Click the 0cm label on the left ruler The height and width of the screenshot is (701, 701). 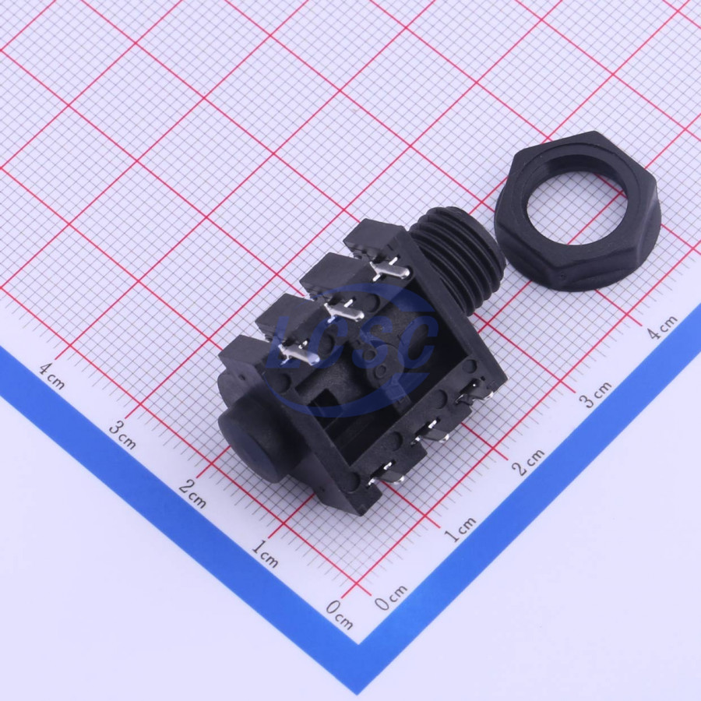pos(340,614)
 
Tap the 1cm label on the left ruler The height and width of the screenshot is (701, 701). pos(265,553)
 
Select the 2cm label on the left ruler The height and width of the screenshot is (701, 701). pos(192,494)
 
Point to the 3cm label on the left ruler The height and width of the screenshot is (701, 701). pos(123,435)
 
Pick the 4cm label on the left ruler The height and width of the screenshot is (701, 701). pos(52,375)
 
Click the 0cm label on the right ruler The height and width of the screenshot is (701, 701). pos(391,597)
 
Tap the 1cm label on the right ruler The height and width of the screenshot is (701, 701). pos(460,530)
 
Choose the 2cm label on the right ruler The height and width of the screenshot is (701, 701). pos(528,462)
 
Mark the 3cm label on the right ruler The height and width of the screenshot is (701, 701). pos(595,394)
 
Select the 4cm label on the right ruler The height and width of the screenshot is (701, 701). pos(663,327)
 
